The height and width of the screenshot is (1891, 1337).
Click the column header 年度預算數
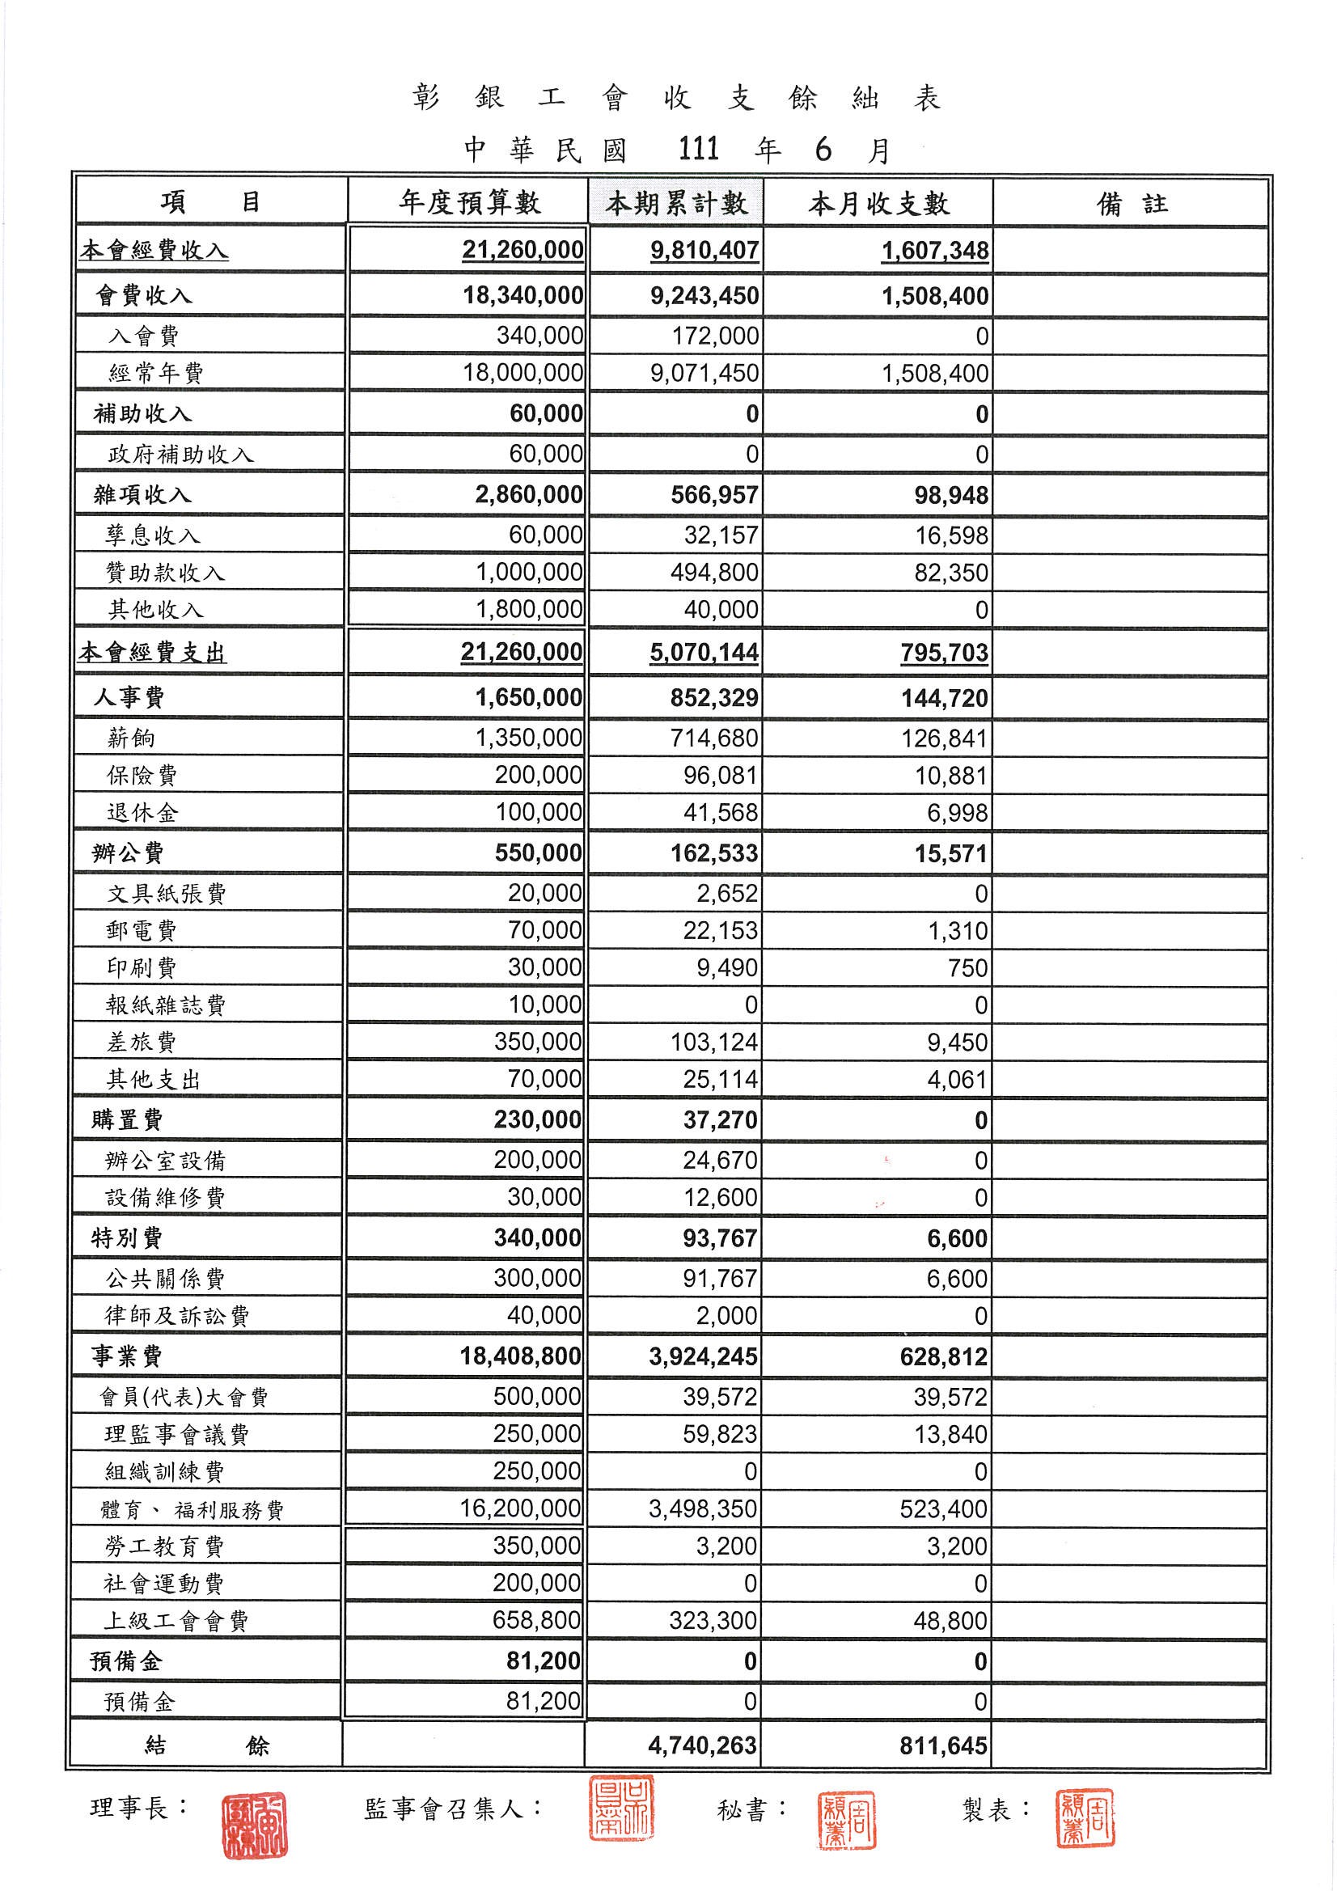(x=469, y=201)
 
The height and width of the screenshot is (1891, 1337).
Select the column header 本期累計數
(x=675, y=202)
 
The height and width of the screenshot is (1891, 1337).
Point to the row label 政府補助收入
(x=180, y=455)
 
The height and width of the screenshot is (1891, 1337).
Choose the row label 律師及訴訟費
(x=176, y=1316)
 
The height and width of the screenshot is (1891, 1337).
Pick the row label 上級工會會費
(x=175, y=1622)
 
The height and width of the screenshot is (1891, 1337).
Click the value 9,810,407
(x=704, y=251)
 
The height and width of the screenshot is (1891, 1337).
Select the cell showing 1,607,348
(x=935, y=251)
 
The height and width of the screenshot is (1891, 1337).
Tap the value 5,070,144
(x=704, y=652)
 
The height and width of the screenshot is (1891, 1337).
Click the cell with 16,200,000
(x=521, y=1509)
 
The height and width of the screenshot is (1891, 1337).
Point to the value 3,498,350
(x=703, y=1510)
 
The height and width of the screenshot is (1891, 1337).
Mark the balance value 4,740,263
(x=702, y=1746)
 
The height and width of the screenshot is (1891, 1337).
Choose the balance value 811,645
(x=943, y=1746)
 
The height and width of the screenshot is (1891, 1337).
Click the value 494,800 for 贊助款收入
(x=714, y=573)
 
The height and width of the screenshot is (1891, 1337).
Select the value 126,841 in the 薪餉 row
(x=944, y=738)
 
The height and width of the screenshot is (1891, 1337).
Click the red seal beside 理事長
(x=255, y=1826)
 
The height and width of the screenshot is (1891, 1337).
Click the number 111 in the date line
(x=699, y=149)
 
